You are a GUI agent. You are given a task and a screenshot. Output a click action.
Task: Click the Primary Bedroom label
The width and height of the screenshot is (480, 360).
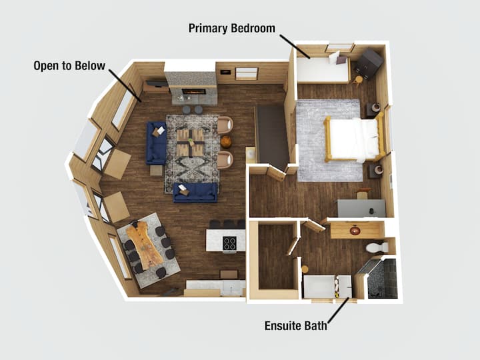(x=232, y=28)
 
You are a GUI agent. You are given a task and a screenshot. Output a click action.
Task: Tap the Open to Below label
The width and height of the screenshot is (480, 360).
(x=69, y=65)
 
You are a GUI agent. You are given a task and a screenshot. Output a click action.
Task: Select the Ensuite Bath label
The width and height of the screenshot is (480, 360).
(x=296, y=325)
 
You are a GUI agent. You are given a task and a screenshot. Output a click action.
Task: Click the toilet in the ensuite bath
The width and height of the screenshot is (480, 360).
(x=377, y=247)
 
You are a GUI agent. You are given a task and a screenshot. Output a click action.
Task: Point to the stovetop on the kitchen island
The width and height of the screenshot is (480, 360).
(x=229, y=243)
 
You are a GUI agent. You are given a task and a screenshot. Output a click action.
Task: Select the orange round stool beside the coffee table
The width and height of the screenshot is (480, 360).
(x=226, y=142)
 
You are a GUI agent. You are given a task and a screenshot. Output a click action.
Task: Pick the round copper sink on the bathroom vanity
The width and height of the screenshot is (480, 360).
(x=356, y=230)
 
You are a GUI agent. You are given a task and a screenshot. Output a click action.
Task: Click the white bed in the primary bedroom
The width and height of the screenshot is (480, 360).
(x=354, y=139)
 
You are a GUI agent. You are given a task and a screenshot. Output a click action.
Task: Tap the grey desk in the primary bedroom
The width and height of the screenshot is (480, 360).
(x=361, y=208)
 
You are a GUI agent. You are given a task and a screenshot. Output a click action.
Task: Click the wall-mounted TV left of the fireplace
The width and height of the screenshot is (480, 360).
(x=157, y=83)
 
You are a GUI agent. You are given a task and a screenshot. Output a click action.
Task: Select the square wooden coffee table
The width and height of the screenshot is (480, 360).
(x=190, y=142)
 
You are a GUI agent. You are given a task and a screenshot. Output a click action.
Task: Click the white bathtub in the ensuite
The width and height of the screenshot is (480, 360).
(x=327, y=287)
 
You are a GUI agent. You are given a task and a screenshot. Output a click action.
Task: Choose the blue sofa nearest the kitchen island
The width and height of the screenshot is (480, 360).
(x=195, y=193)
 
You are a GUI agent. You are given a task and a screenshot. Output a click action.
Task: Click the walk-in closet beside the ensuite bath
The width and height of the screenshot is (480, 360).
(x=277, y=257)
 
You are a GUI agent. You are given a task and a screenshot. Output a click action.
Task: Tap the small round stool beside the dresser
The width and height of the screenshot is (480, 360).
(x=359, y=80)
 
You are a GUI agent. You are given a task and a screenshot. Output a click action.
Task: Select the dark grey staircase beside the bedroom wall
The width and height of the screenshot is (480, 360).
(x=272, y=134)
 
